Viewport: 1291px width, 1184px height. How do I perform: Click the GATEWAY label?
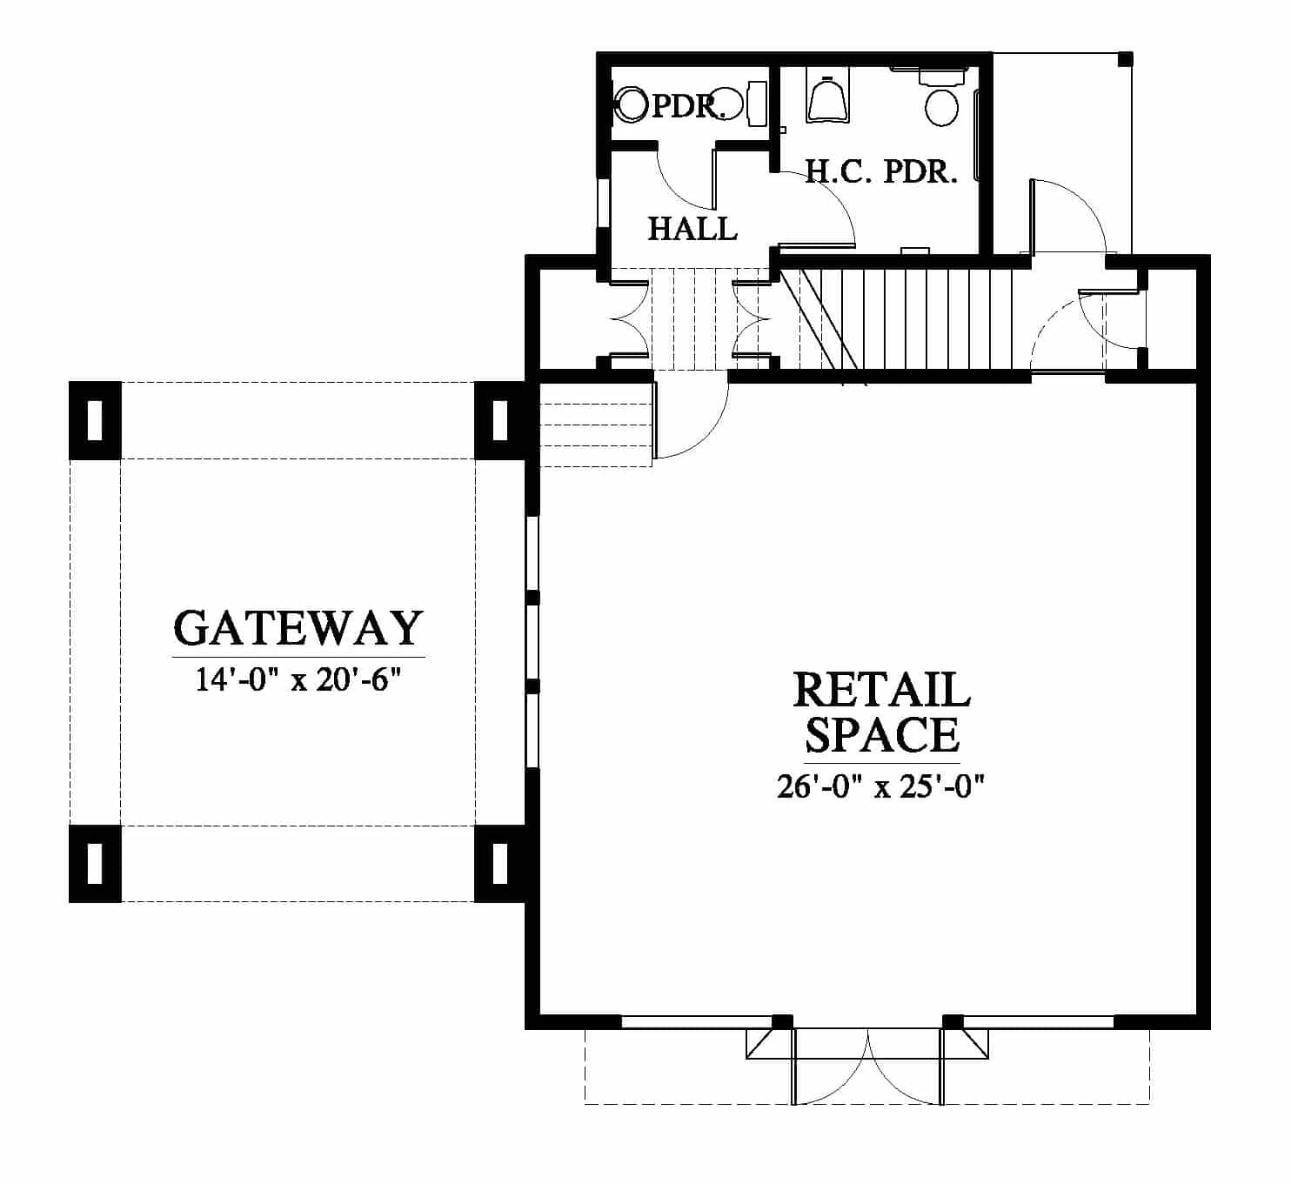(298, 628)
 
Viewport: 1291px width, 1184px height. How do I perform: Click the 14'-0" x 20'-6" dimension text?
(298, 680)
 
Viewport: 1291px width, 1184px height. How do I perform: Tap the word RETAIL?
(881, 690)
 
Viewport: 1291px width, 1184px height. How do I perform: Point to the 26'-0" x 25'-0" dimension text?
(881, 786)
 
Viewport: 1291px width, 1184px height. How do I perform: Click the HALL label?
(692, 229)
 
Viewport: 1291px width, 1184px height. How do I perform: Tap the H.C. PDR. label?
(881, 172)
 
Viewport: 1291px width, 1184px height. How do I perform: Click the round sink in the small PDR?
(632, 105)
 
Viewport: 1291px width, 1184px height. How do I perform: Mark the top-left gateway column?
(95, 420)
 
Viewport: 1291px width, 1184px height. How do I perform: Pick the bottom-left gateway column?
(95, 863)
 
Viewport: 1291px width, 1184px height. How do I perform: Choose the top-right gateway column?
(501, 420)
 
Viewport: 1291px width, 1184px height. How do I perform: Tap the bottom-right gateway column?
(501, 863)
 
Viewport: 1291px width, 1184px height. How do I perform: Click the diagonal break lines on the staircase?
(824, 328)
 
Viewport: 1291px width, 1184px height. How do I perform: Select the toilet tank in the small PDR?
(758, 104)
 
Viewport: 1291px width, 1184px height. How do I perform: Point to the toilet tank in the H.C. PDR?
(942, 77)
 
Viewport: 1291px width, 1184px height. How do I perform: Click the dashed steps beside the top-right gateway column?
(596, 425)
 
